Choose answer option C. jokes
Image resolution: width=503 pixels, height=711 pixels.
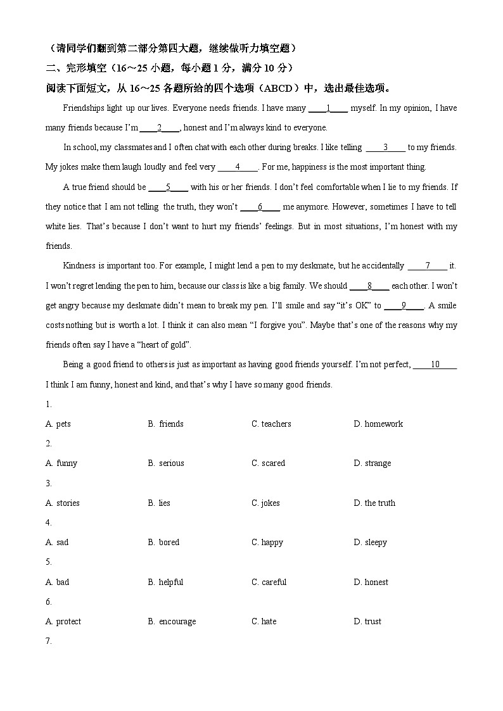click(x=265, y=503)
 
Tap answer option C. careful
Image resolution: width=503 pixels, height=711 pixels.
click(x=269, y=582)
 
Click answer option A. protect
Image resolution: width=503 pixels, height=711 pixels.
click(x=63, y=621)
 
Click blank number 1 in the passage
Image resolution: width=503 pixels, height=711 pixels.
click(x=328, y=108)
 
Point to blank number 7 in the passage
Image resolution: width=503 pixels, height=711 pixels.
click(x=428, y=266)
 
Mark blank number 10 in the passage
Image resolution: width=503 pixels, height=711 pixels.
click(x=435, y=365)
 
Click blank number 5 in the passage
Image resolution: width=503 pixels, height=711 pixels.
click(x=168, y=187)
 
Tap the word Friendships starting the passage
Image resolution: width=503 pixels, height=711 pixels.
click(x=84, y=108)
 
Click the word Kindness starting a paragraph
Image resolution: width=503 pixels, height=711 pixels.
click(x=79, y=266)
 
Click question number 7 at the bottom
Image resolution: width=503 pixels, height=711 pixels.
click(x=49, y=641)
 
